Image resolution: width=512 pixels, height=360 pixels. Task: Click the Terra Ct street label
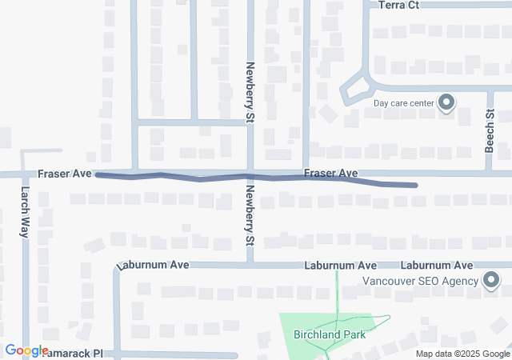coord(398,5)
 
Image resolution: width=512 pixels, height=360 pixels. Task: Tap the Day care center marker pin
coord(446,102)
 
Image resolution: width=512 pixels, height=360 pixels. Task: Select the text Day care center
coord(403,103)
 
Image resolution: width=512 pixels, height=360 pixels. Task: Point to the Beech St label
coord(490,131)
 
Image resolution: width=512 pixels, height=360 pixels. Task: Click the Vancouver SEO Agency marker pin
coord(490,280)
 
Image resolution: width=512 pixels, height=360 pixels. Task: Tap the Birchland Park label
coord(330,334)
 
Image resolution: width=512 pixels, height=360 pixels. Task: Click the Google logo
coord(26,350)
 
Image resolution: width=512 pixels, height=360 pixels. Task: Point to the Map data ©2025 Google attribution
coord(462,354)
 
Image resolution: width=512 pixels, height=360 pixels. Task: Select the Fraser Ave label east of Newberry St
coord(330,173)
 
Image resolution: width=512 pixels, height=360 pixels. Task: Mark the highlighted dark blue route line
coord(200,177)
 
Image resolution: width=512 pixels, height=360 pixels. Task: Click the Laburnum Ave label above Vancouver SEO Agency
coord(437,265)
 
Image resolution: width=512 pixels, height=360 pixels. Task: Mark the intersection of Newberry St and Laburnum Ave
coord(250,263)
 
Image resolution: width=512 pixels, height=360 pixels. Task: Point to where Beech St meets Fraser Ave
coord(490,172)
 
